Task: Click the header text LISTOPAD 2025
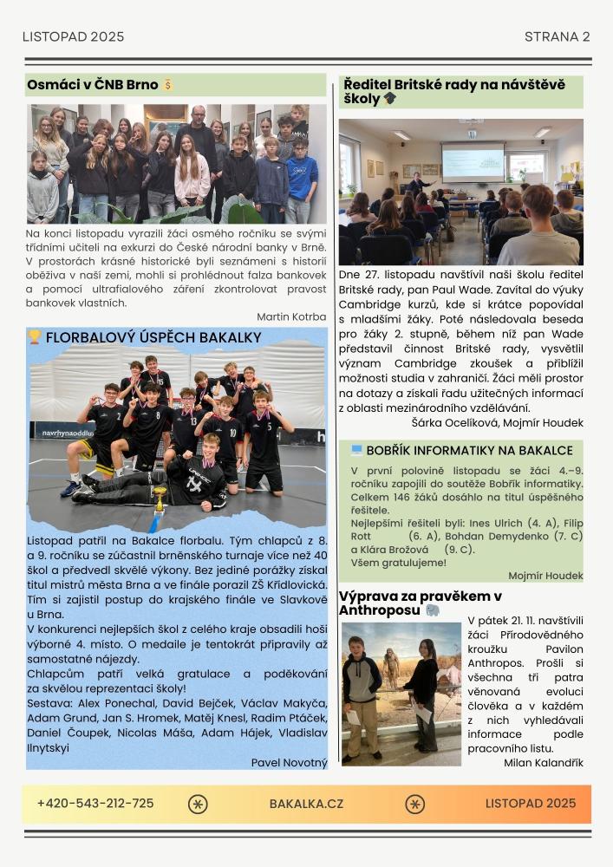tap(73, 36)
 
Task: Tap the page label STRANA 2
tap(557, 36)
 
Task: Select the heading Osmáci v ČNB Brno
tap(92, 85)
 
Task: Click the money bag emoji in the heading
tap(168, 85)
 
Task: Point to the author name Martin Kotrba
tap(291, 317)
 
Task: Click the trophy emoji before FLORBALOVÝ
tap(35, 337)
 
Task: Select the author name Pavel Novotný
tap(289, 763)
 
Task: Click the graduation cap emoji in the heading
tap(390, 100)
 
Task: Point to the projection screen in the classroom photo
tap(473, 162)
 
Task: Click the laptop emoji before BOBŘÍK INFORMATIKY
tap(356, 451)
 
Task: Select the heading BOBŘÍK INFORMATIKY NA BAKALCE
tap(469, 451)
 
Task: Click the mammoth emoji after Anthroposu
tap(433, 610)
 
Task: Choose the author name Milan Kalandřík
tap(544, 763)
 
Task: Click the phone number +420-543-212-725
tap(95, 804)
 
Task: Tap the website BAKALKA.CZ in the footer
tap(306, 804)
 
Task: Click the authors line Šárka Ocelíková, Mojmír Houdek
tap(497, 423)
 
